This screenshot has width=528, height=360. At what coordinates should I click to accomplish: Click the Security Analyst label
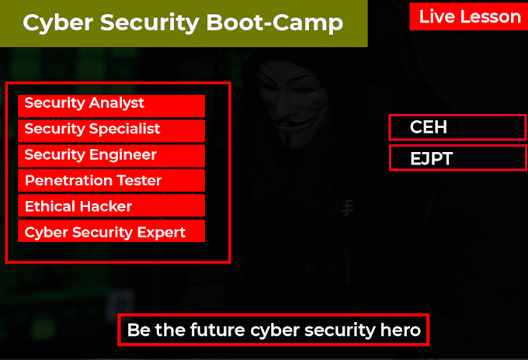111,105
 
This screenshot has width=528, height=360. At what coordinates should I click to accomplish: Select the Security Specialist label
111,130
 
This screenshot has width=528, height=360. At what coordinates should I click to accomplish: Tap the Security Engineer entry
111,155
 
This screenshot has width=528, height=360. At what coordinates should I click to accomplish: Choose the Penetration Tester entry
111,181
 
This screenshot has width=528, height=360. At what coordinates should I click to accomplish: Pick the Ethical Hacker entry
111,206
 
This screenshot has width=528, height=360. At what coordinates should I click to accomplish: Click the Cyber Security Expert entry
111,232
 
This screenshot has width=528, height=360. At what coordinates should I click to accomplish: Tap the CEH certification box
457,127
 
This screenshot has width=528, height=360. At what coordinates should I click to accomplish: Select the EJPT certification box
457,159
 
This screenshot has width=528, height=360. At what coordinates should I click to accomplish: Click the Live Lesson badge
469,16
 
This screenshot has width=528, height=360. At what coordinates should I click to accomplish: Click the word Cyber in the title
50,23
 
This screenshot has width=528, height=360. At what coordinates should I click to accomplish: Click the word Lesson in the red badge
495,16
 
